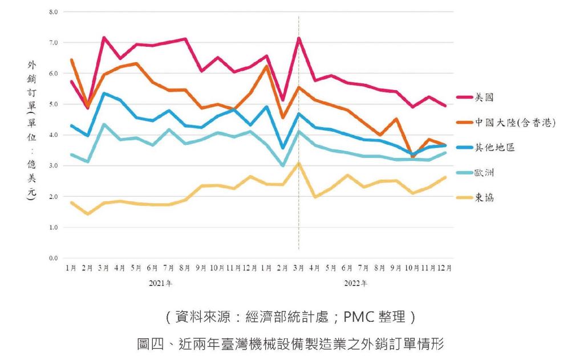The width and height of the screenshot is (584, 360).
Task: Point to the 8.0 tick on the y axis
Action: pos(53,12)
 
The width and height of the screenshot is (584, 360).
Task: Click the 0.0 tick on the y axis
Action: pos(53,258)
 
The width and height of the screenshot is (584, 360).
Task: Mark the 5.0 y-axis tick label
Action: pos(53,104)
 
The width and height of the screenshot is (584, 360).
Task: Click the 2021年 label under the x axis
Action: pos(160,283)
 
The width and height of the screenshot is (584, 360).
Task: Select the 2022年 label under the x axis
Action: pos(355,283)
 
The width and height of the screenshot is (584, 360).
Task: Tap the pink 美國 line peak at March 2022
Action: pos(299,38)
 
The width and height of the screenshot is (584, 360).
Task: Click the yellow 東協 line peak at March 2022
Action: pos(299,163)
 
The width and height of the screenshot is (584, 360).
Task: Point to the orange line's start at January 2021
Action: pos(71,60)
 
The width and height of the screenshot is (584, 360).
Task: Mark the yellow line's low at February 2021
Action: pos(87,214)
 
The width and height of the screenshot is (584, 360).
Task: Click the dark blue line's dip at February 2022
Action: pos(283,148)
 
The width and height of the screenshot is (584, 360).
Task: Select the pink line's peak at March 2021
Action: pos(104,37)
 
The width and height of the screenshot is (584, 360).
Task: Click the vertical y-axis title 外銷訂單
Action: pos(32,86)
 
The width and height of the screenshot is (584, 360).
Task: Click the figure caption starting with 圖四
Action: pos(290,343)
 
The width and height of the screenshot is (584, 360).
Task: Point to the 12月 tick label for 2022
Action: pos(444,268)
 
